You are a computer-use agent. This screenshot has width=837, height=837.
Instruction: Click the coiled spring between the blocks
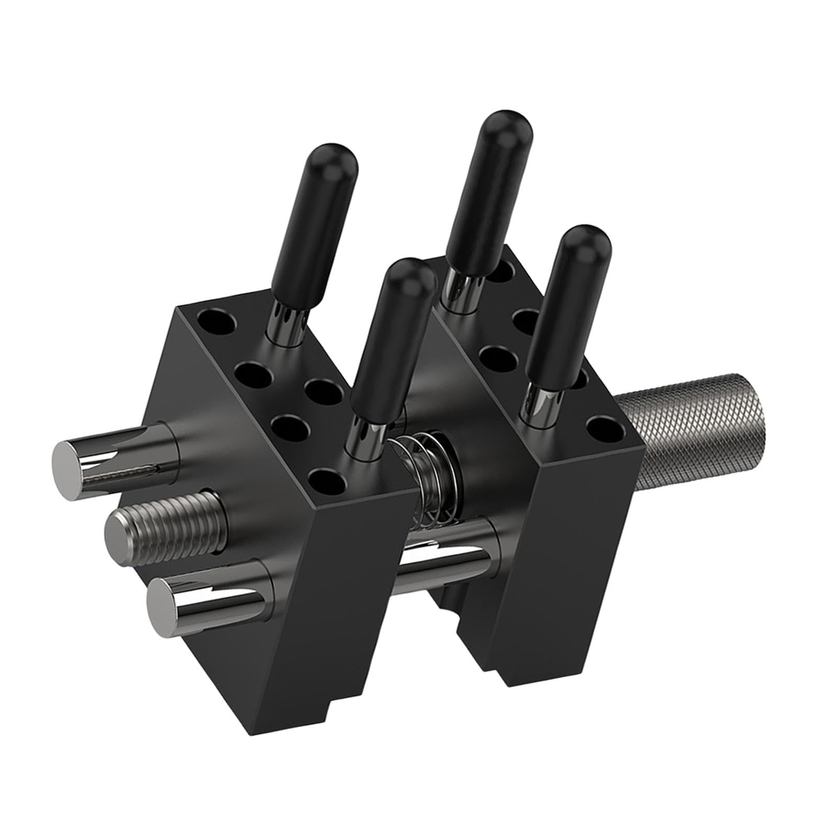[426, 481]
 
